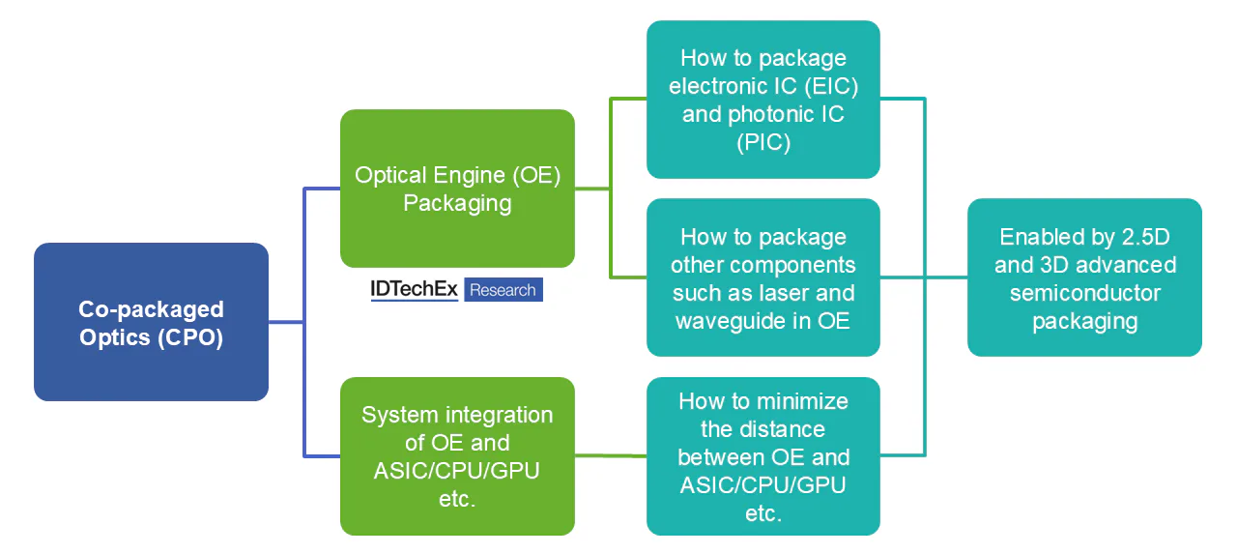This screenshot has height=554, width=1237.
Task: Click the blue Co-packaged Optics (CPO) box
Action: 151,322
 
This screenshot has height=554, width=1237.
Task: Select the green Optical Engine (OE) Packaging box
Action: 457,189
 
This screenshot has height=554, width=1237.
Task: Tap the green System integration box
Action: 457,456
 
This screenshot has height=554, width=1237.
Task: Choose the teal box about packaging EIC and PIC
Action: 762,100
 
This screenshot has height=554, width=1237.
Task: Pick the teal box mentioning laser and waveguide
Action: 762,277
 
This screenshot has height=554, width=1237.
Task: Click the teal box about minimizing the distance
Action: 762,456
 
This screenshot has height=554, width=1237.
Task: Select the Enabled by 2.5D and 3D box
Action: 1084,278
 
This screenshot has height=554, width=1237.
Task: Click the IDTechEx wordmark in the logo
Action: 414,289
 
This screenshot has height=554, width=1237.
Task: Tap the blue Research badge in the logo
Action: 503,289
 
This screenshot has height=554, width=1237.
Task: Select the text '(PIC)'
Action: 762,142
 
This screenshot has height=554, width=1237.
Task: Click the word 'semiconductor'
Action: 1084,292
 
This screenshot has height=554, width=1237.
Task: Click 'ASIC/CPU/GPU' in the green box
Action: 457,471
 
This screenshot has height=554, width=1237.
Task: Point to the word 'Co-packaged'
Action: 151,309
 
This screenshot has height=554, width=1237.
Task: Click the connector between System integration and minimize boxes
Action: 611,455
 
